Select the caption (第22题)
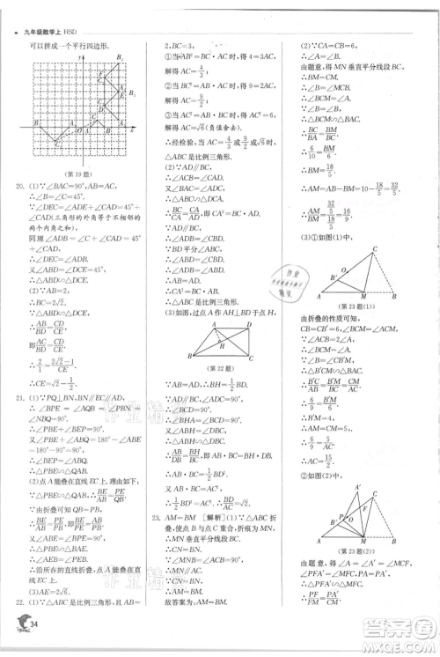215,366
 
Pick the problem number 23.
156,518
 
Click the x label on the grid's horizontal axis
133,129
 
